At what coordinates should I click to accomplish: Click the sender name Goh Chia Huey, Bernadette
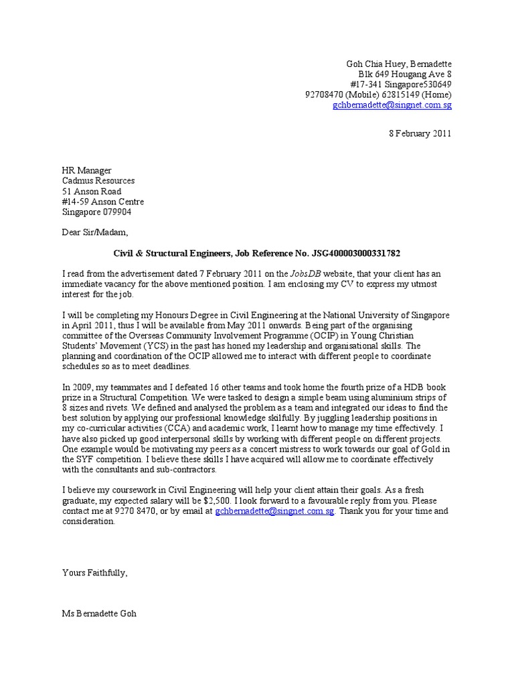click(398, 64)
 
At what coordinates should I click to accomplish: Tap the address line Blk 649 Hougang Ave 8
click(405, 74)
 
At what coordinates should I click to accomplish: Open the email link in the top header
click(392, 105)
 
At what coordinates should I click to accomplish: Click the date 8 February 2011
click(420, 133)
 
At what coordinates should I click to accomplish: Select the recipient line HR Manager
click(87, 171)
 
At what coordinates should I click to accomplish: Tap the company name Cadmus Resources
click(98, 181)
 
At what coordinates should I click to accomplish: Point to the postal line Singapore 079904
click(97, 212)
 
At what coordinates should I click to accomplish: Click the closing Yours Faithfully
click(94, 573)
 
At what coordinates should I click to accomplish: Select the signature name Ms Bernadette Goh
click(99, 614)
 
